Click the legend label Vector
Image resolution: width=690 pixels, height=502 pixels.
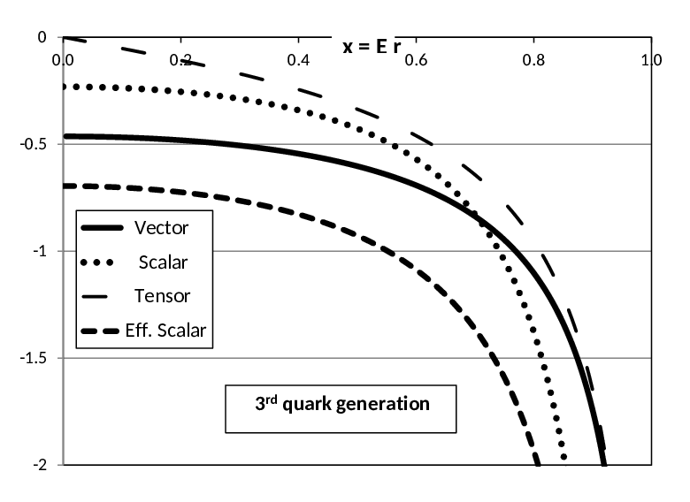162,228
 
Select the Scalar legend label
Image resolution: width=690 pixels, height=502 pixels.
164,262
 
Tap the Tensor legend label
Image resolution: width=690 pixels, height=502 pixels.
162,296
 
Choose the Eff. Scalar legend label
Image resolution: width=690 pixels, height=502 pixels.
165,331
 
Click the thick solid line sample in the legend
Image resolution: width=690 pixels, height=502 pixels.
102,228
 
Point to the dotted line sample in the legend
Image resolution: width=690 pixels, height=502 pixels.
97,262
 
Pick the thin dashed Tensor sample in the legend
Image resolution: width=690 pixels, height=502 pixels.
95,297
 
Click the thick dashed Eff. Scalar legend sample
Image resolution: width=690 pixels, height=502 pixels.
100,331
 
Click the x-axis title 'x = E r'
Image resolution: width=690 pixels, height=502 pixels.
372,46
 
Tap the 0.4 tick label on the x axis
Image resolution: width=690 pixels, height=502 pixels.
298,60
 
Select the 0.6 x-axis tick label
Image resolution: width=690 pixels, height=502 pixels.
416,60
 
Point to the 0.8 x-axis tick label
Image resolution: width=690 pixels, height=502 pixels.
533,60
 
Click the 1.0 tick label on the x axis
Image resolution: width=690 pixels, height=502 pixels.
651,60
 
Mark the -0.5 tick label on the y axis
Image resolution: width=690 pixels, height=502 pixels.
33,144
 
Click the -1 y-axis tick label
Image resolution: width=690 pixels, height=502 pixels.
40,251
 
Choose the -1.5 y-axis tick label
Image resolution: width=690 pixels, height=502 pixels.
33,358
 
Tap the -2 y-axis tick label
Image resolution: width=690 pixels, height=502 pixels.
40,465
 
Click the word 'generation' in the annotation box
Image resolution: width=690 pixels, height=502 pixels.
383,405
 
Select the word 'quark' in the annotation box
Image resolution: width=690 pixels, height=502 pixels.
307,405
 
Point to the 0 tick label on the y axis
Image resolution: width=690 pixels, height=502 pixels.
42,37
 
